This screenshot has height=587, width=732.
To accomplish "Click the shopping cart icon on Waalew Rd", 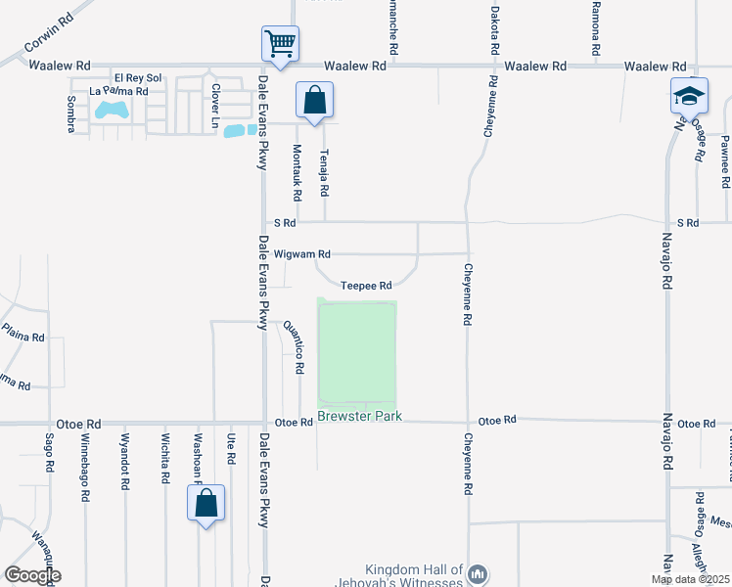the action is point(280,44).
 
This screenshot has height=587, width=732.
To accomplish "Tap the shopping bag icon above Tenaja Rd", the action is point(314,100).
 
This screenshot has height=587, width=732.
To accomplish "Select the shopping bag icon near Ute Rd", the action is point(206,504).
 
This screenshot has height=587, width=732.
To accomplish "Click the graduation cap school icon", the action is point(688,96).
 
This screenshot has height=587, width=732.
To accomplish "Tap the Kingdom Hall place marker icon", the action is point(478,573).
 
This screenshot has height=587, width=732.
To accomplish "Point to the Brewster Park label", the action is point(359,417).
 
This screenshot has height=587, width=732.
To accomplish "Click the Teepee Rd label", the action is point(367,286).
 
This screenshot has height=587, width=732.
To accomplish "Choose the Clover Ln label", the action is point(215,106).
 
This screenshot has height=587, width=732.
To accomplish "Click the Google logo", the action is point(32,575).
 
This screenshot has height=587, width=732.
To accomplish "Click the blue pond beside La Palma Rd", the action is point(111,110).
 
